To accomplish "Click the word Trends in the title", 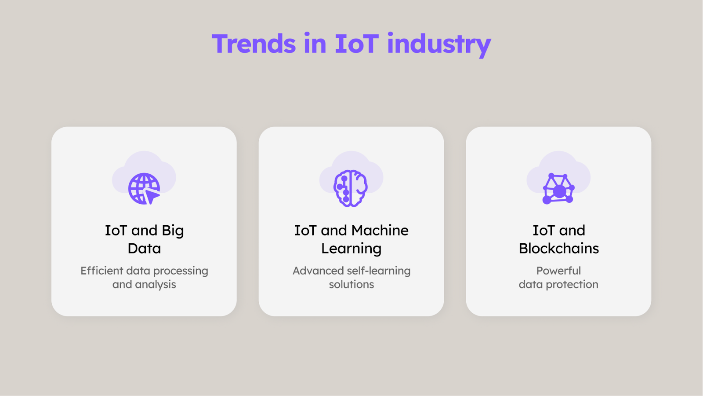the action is coord(254,44).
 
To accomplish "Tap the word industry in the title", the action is coord(439,44).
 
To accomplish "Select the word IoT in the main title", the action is coord(357,44).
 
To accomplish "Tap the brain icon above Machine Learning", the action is coord(351,188).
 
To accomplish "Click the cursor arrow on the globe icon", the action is coord(152,196).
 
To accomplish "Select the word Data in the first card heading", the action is coord(144,248).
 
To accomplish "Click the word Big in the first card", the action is coord(173,231).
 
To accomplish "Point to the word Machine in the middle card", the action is coord(380,231).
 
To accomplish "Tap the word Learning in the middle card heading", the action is coord(351,249).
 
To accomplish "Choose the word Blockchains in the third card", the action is coord(558,248).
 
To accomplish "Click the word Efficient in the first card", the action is coord(101,271).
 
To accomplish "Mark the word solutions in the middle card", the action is coord(351,284).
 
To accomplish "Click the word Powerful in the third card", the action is coord(558,271).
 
